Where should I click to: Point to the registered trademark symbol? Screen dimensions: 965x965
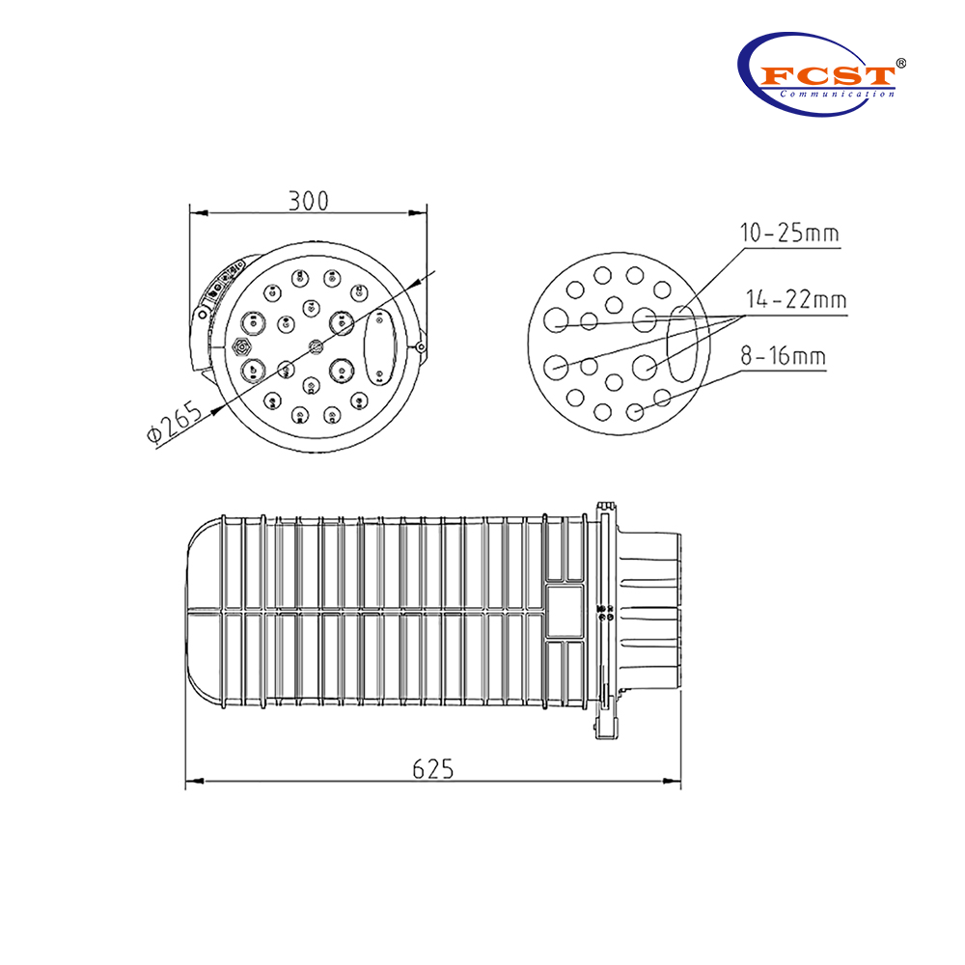(899, 62)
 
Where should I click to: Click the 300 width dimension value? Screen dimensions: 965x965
(309, 200)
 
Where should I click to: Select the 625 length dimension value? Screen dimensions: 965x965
(432, 769)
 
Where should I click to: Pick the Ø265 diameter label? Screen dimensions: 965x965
(176, 422)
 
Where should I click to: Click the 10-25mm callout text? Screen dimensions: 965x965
(788, 234)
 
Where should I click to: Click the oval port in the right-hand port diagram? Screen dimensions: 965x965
(680, 343)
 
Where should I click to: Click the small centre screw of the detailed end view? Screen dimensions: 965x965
(313, 345)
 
